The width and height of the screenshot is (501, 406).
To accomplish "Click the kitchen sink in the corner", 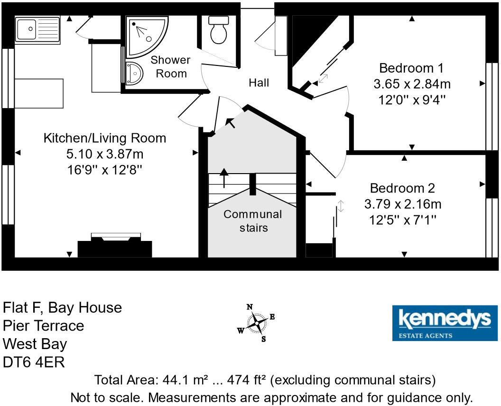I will tap(37, 30).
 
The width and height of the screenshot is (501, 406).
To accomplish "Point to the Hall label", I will tap(259, 83).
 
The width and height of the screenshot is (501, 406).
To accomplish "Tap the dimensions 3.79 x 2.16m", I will tap(403, 204).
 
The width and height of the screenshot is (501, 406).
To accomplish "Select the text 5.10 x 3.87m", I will tap(105, 154).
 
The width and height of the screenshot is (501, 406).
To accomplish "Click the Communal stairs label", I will tap(253, 221).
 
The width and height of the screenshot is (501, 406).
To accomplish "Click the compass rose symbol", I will tap(256, 323).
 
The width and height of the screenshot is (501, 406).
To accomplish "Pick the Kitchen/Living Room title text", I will tap(105, 138).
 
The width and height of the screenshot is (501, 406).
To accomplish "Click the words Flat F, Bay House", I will tap(63, 308).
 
